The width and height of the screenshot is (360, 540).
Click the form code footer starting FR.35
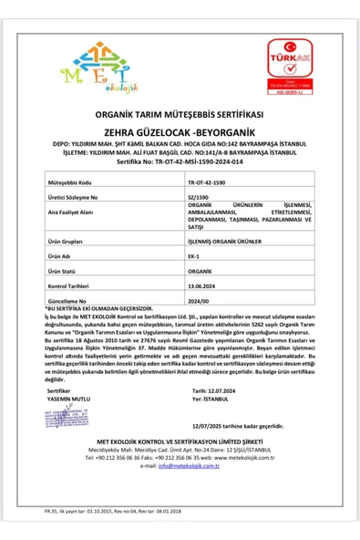(x=101, y=514)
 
